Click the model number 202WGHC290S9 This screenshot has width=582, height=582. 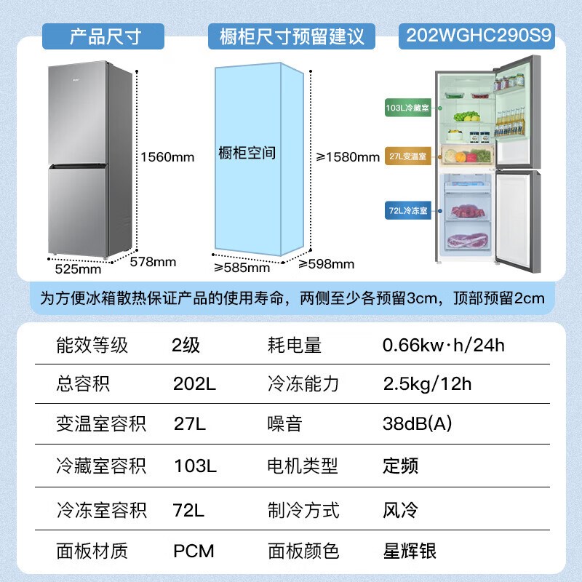[x=478, y=36]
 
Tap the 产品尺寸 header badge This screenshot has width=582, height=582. [x=103, y=36]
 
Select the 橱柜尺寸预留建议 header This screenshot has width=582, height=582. [x=292, y=36]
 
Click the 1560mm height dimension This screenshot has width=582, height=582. [x=167, y=157]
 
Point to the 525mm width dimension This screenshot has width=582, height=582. [x=78, y=268]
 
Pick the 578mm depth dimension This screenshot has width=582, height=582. [x=153, y=262]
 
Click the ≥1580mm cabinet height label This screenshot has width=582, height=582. [x=348, y=157]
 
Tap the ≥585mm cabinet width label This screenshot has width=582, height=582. [x=242, y=267]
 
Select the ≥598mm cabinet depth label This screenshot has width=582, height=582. [x=326, y=264]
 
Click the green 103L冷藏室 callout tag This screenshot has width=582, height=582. [x=407, y=108]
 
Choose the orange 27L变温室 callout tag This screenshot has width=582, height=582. [x=407, y=156]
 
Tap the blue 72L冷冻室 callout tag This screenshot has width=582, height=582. [x=407, y=210]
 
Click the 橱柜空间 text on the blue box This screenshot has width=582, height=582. [x=247, y=153]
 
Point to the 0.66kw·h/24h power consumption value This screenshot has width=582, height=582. [x=444, y=345]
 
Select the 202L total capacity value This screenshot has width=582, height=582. [x=194, y=384]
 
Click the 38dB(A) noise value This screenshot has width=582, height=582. [x=417, y=423]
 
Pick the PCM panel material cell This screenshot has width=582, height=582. [x=194, y=551]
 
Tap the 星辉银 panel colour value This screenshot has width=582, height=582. [x=410, y=551]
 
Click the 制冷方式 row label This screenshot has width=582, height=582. [x=303, y=510]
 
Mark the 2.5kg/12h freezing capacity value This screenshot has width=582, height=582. [x=427, y=384]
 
